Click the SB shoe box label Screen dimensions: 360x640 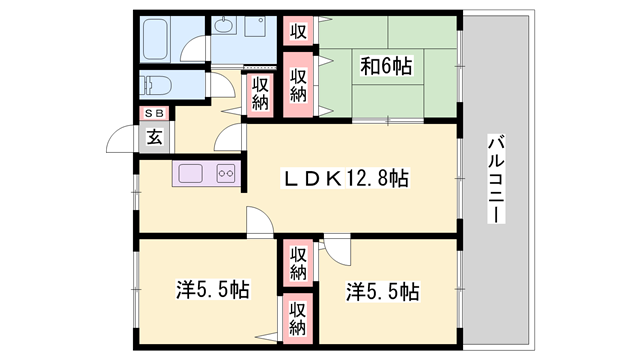[x=155, y=113]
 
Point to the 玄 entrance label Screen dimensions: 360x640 [x=155, y=137]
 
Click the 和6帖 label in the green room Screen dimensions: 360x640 [x=387, y=67]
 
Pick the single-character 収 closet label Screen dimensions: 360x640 [x=298, y=31]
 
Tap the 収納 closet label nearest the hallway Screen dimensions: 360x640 [x=259, y=93]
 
